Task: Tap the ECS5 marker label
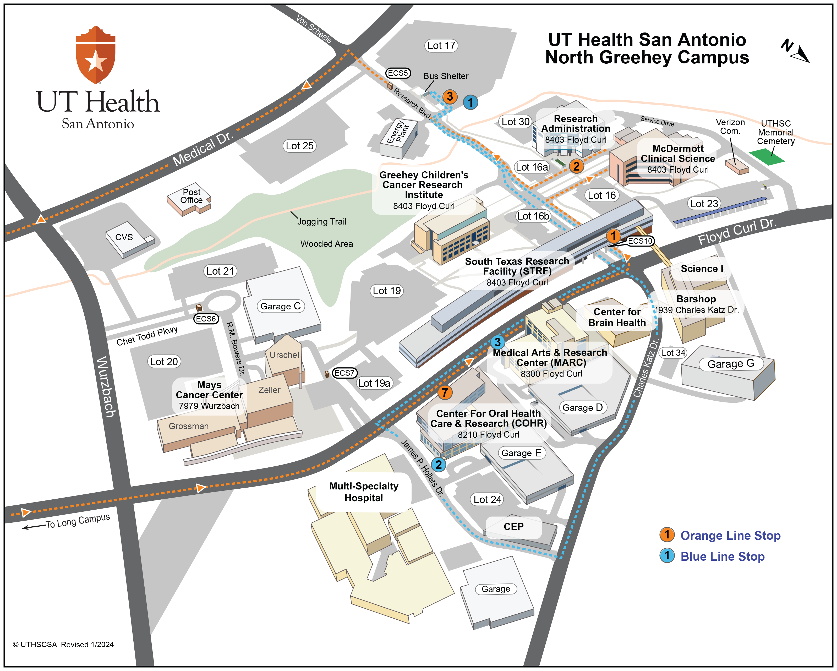(398, 73)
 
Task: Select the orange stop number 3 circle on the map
(450, 96)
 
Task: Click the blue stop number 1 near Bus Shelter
(471, 102)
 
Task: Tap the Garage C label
(280, 306)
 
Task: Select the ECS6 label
(205, 319)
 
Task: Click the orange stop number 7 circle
(445, 392)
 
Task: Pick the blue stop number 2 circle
(438, 465)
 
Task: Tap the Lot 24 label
(487, 499)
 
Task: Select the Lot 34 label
(673, 353)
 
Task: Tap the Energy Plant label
(398, 132)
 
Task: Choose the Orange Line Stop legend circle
(667, 535)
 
